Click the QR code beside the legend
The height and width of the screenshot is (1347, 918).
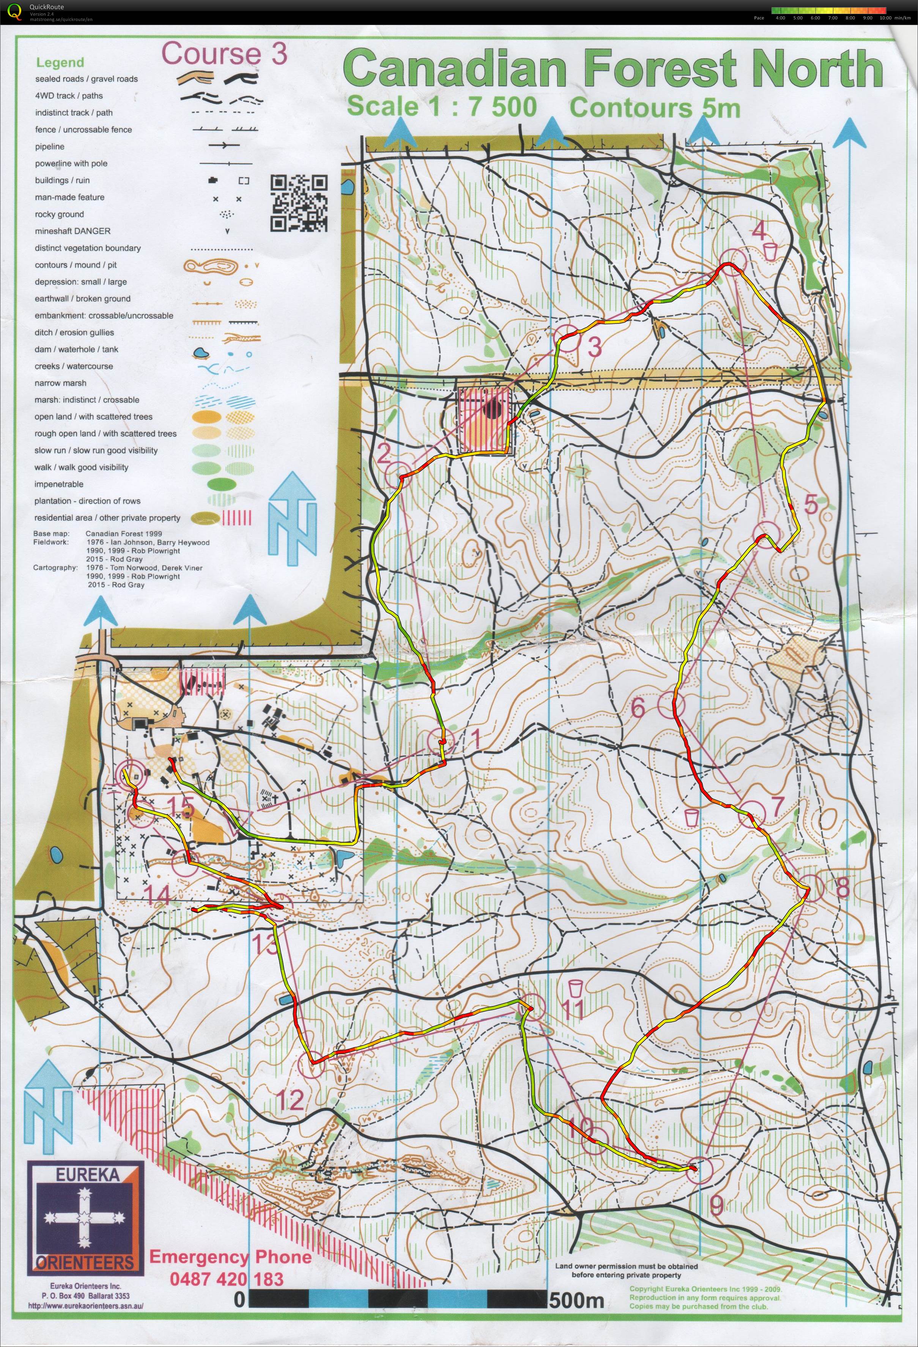[x=299, y=203]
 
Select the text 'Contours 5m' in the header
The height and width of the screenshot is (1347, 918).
[x=655, y=108]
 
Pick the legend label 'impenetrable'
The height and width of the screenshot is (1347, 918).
[x=58, y=484]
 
